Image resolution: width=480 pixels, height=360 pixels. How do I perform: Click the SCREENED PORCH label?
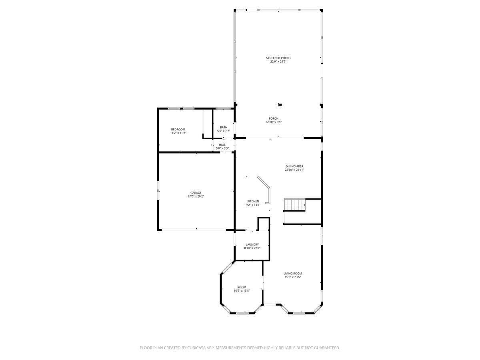278,58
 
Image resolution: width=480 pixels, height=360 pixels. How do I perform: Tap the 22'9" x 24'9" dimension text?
278,62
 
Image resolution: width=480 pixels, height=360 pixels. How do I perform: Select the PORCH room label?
274,118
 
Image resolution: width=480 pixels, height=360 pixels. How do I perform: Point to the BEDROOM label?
178,129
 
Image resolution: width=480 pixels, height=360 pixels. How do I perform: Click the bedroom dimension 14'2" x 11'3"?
178,133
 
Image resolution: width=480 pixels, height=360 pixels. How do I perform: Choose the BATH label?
223,127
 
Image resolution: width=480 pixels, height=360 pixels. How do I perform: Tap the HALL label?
222,145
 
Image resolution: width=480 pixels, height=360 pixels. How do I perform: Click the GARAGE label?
196,193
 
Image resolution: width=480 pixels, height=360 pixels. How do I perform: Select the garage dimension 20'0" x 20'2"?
196,196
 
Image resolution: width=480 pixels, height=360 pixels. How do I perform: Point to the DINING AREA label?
294,166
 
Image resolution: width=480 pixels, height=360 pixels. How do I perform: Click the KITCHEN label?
253,201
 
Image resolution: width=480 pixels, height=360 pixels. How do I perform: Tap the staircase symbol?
294,205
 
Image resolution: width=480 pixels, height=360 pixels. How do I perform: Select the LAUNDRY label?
252,244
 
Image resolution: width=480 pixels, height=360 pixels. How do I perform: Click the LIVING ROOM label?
292,274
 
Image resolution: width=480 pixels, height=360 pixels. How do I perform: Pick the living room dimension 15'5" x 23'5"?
292,277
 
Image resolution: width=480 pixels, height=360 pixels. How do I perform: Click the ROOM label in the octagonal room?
242,287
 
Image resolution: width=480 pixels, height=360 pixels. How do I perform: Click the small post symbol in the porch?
280,105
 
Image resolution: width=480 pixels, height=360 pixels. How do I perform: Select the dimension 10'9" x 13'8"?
242,291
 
